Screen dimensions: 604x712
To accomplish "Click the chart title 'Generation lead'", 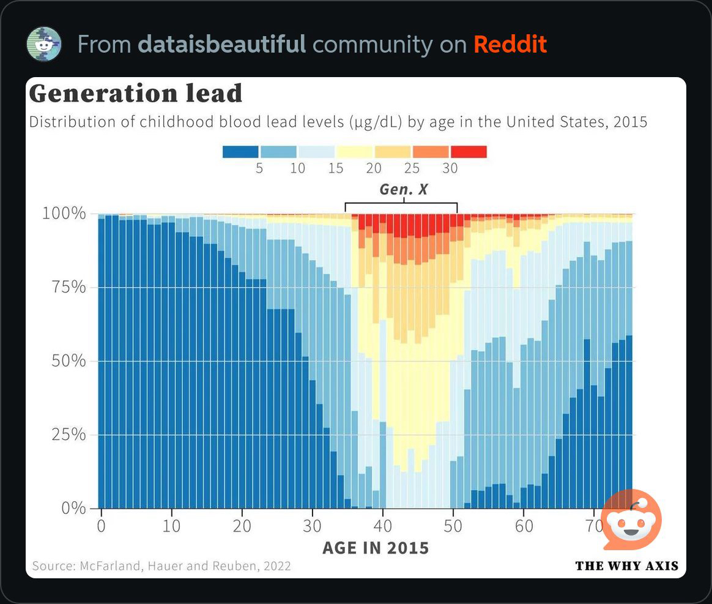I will point(136,94).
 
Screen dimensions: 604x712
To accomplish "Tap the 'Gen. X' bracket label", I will point(404,190).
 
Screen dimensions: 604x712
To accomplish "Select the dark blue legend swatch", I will point(240,152).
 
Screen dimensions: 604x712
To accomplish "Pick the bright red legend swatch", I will point(469,152).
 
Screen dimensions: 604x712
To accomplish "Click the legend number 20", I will point(374,168).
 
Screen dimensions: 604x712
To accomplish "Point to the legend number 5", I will point(259,168).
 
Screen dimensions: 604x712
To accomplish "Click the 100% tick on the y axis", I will point(64,214).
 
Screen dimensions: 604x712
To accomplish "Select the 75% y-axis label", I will point(67,287).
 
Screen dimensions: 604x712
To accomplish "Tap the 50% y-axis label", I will point(67,360).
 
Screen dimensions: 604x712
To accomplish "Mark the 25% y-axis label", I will point(67,434).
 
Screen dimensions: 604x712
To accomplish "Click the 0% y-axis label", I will point(72,508).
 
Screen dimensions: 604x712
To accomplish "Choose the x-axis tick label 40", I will point(383,526).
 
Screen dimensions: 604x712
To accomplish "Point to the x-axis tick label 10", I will point(171,526).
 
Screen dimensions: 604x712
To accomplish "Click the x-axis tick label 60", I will point(524,526).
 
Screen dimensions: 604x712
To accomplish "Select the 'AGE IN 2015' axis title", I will point(376,547).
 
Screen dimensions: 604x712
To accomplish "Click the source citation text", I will point(161,566).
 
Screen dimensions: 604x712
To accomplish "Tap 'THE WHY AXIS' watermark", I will point(627,566).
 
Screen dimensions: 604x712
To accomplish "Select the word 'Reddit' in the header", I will point(510,45).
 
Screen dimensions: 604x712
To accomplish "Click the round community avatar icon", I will point(44,44).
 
